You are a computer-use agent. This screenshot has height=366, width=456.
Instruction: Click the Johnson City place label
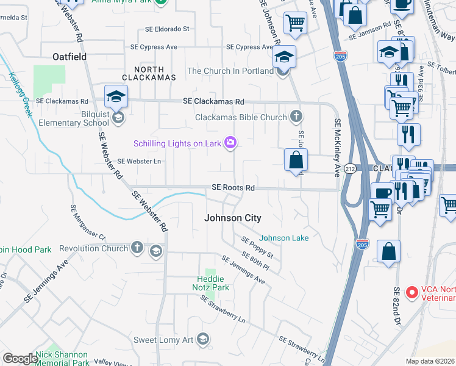232,218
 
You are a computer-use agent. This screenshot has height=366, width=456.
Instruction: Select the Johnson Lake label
284,238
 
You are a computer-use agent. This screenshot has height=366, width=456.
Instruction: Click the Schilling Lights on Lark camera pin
230,143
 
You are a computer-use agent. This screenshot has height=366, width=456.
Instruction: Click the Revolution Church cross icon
138,248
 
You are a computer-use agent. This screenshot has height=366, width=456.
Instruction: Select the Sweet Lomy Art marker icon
203,339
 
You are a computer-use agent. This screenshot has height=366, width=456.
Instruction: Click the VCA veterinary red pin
412,293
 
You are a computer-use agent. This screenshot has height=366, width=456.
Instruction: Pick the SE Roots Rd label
233,188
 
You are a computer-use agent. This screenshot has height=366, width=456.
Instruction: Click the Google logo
20,358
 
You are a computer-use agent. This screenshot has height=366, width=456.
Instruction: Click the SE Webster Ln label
139,161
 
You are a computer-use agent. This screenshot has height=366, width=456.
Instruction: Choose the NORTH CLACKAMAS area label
148,73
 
